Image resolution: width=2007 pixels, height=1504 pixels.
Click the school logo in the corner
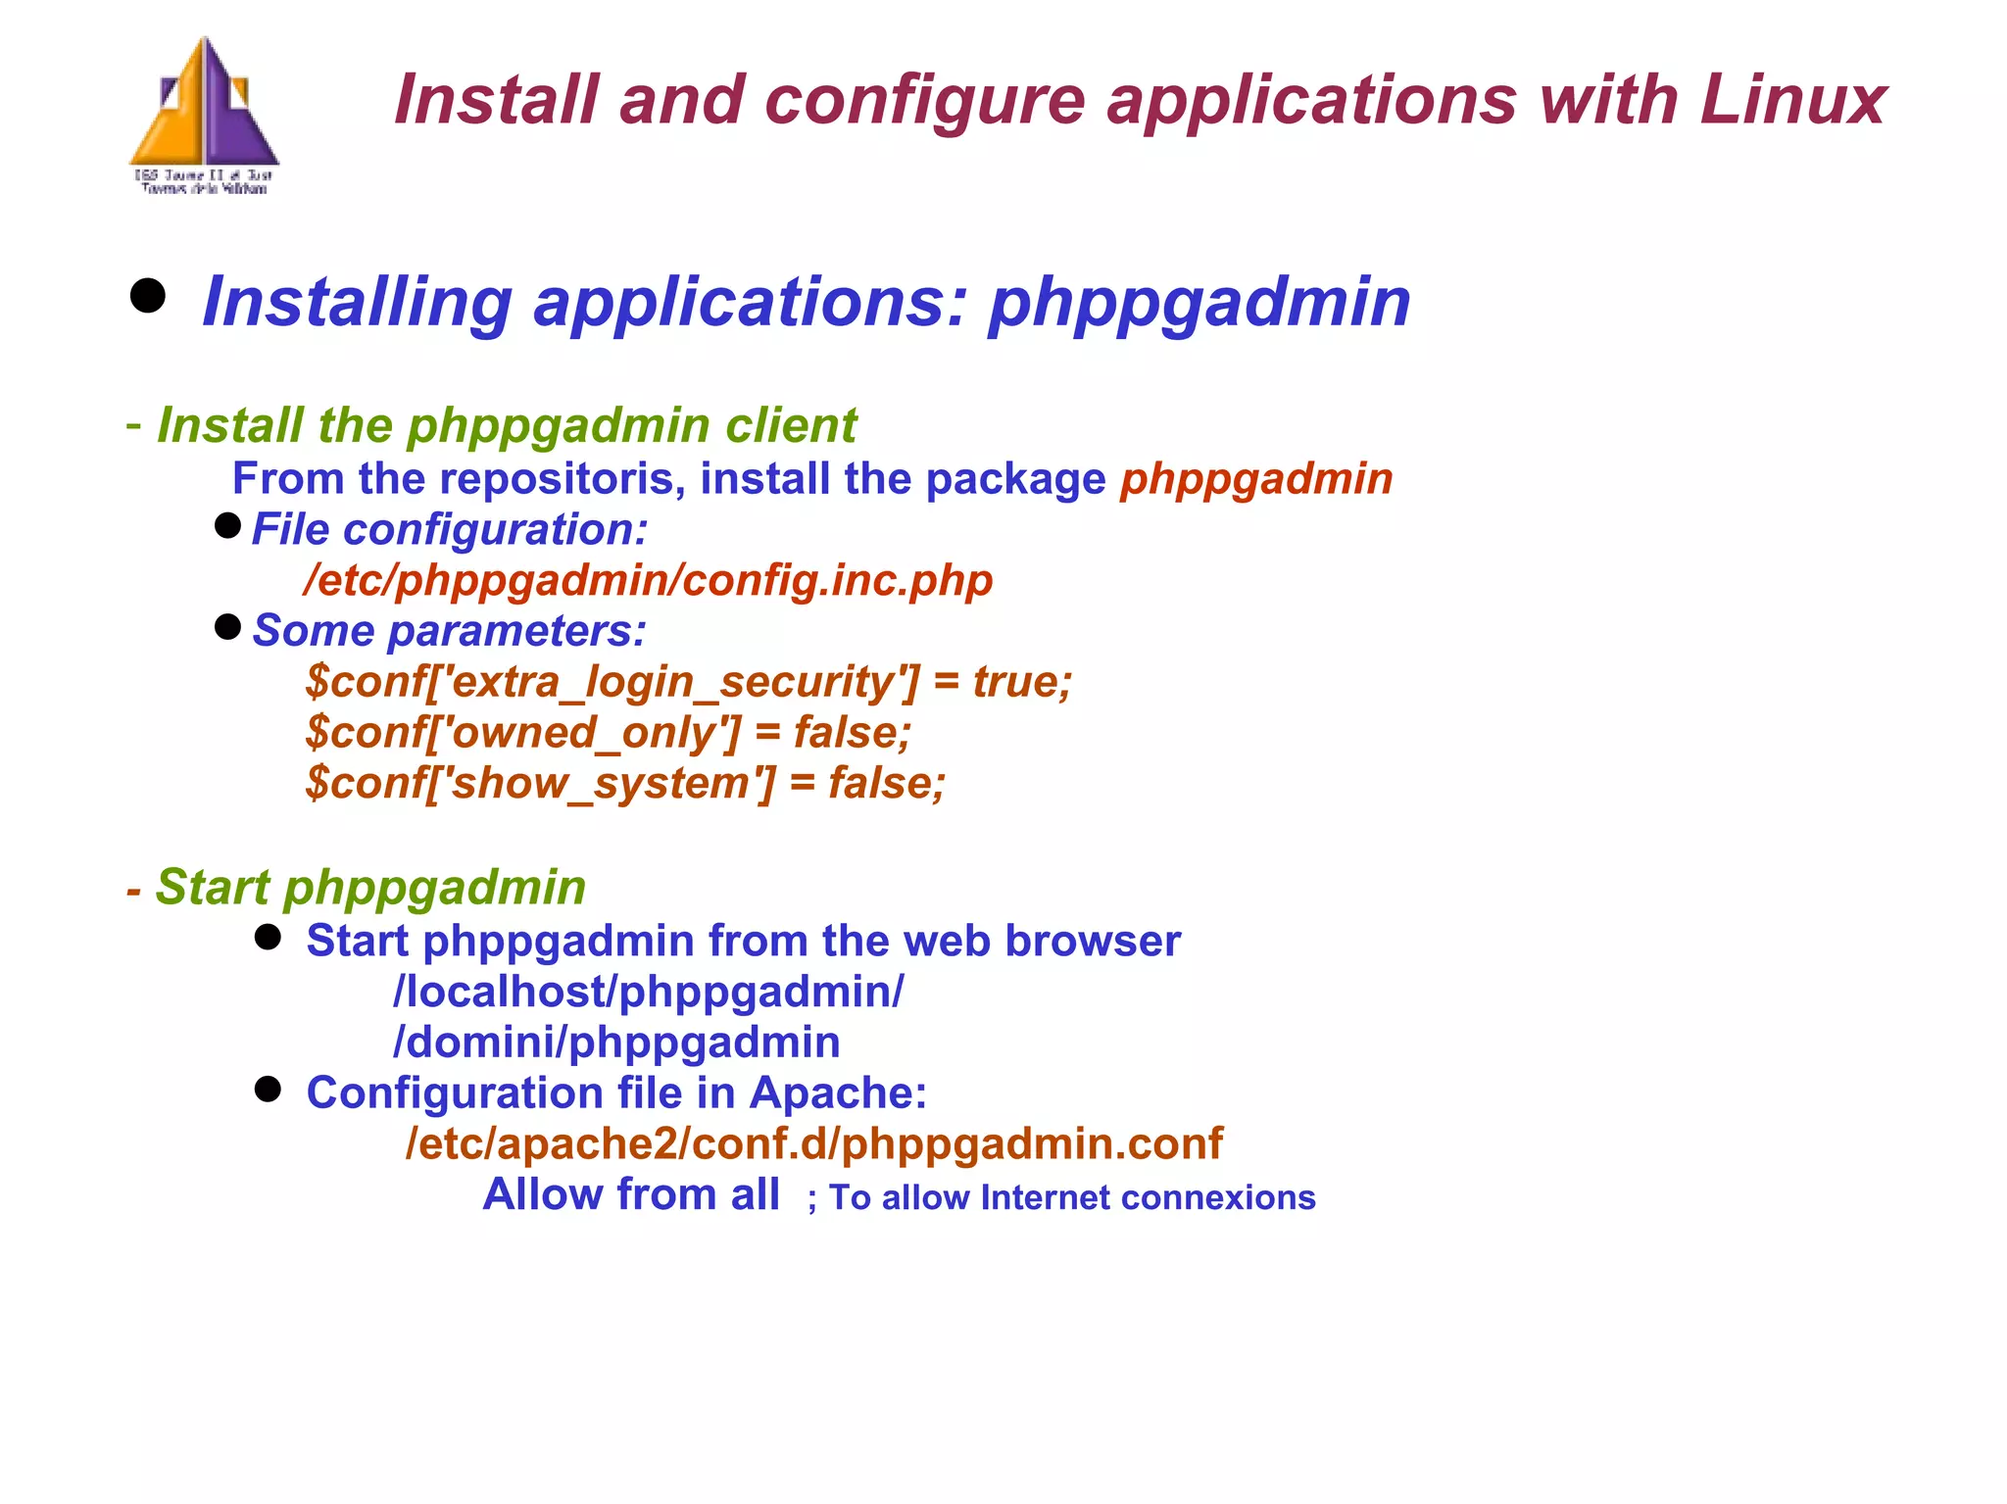click(204, 116)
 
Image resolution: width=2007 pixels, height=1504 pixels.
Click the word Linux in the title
click(1792, 100)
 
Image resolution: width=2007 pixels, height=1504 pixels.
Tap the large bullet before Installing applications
click(148, 296)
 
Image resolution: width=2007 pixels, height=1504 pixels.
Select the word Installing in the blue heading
click(356, 302)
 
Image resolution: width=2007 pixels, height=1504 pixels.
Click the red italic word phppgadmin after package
click(1255, 479)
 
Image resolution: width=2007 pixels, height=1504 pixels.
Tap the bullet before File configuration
click(227, 526)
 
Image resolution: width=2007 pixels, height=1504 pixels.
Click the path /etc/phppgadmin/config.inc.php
click(648, 580)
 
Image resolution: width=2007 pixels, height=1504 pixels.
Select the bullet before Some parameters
click(227, 627)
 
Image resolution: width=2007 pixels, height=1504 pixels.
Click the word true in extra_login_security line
click(1020, 681)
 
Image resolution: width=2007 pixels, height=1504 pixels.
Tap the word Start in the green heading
click(213, 887)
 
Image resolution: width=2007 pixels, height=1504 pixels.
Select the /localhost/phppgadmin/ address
click(648, 992)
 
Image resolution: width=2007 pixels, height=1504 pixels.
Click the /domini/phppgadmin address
click(616, 1043)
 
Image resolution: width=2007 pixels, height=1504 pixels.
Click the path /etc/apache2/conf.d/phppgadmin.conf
click(813, 1143)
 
